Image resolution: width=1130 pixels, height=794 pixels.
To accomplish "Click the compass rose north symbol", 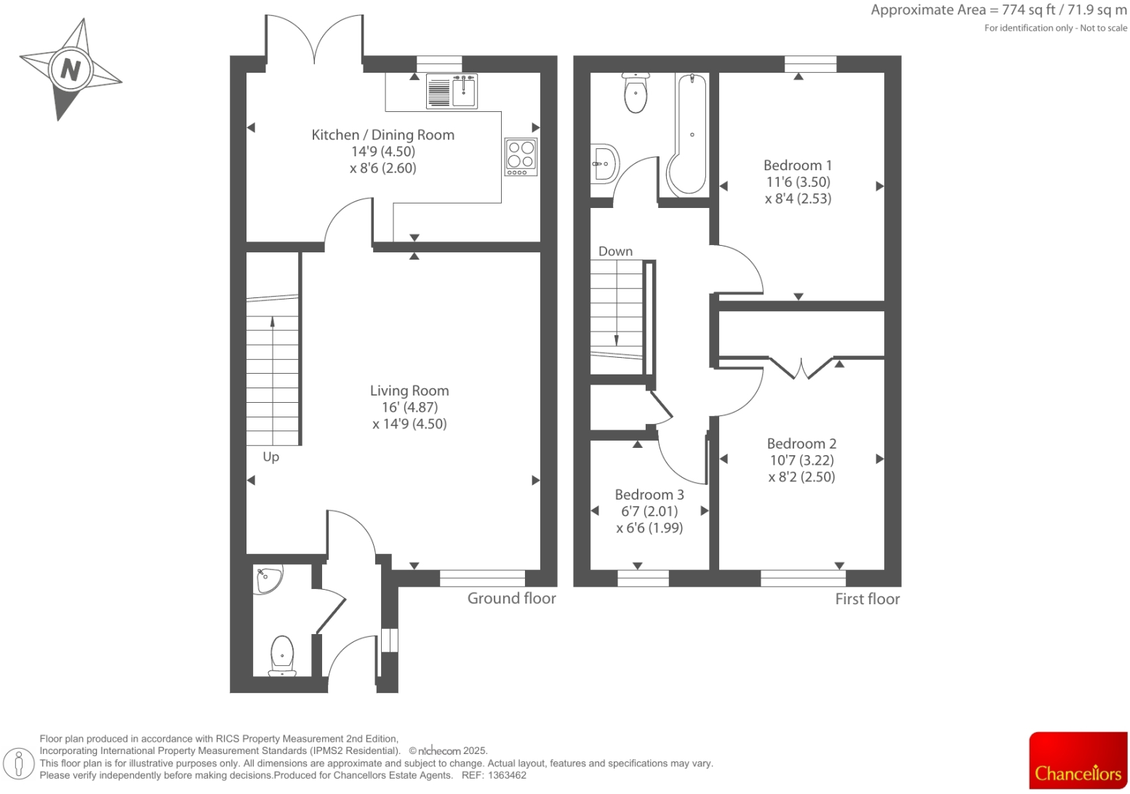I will pos(71,70).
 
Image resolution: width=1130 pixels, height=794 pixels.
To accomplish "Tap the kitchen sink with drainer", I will pos(452,91).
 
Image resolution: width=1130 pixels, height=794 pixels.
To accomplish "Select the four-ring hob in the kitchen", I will pos(521,156).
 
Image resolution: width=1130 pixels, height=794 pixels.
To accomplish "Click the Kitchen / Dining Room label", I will pos(382,135).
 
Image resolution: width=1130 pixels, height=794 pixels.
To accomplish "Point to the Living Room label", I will pos(409,390).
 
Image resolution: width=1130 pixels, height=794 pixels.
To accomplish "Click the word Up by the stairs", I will pos(271,457).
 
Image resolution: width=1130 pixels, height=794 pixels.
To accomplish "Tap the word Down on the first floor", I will pos(615,251).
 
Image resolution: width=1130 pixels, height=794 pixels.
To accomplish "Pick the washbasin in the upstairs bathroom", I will pos(604,163).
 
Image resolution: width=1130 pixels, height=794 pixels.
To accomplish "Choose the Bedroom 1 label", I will pos(798,165).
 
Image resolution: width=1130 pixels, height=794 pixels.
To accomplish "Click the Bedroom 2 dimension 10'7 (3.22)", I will pos(801,460).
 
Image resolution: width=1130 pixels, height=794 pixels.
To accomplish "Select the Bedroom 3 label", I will pos(649,494).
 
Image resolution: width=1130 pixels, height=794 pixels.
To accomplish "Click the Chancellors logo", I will pos(1078,760).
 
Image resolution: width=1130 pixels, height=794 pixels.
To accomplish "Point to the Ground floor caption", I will pos(511,598).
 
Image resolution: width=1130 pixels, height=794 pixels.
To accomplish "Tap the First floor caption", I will pos(867,599).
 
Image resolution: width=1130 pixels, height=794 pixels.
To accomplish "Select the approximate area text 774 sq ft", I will pos(1023,10).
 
